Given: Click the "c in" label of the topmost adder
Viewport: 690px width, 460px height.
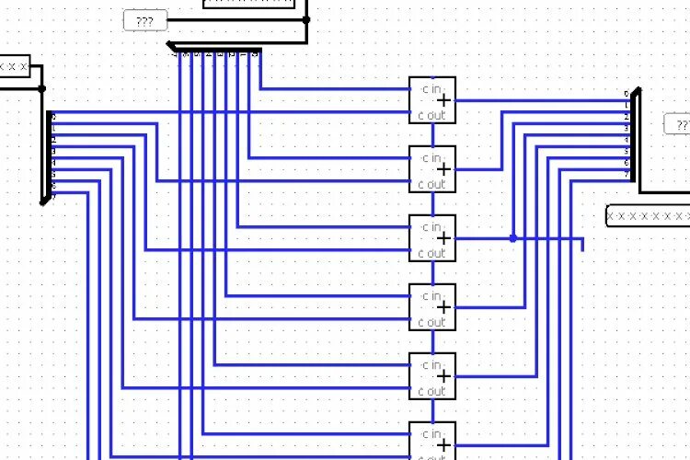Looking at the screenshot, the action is click(431, 89).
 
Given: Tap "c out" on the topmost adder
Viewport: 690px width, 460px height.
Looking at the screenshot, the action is click(431, 116).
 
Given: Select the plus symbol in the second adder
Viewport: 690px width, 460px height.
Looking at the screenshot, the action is click(444, 169).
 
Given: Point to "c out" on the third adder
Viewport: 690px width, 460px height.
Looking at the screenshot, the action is click(431, 254).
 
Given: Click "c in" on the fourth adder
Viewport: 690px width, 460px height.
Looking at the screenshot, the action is click(431, 296).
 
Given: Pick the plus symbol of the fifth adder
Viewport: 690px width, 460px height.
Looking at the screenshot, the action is click(444, 376).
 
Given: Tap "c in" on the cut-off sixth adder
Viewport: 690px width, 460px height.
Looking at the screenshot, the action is click(431, 434).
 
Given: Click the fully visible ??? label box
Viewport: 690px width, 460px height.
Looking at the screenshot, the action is click(144, 19).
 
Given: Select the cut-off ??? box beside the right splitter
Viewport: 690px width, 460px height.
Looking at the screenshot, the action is click(678, 124).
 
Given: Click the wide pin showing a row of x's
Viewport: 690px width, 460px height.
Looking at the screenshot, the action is click(648, 216).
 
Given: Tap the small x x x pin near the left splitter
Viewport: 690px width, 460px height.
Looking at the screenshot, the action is click(15, 67).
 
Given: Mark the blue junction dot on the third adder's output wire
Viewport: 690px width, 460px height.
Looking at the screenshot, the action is click(513, 238).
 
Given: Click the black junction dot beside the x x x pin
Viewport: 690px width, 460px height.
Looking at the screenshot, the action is click(41, 89).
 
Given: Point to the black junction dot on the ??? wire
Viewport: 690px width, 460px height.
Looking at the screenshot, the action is click(306, 18).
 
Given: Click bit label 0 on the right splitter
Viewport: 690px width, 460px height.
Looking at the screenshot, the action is click(627, 94).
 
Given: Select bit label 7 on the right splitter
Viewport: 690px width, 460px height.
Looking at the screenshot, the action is click(627, 172).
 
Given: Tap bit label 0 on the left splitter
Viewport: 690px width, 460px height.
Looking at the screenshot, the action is click(53, 117).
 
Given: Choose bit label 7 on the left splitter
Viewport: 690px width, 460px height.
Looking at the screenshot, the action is click(53, 196).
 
